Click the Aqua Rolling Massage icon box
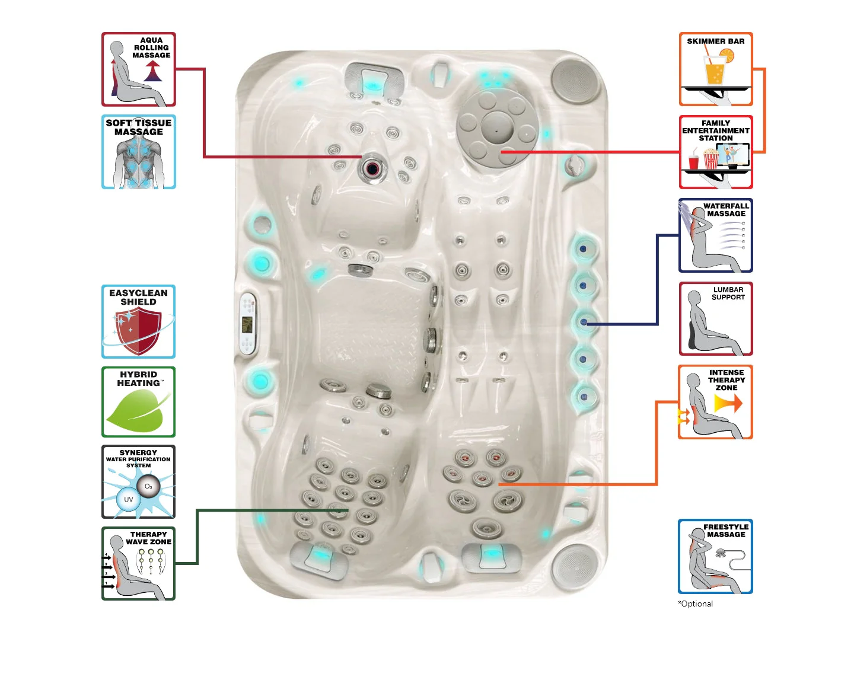pos(139,69)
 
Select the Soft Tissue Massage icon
pos(139,152)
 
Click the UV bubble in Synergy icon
pos(128,499)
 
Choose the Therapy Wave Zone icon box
pos(139,563)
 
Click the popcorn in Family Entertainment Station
pos(710,159)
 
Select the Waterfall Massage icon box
pos(715,235)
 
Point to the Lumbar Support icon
pos(715,319)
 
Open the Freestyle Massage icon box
pos(715,556)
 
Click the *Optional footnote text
pos(696,604)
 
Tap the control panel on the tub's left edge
pos(247,324)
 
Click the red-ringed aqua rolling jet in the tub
pos(372,168)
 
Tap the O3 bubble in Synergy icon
pos(148,487)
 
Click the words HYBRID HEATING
pos(139,379)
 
